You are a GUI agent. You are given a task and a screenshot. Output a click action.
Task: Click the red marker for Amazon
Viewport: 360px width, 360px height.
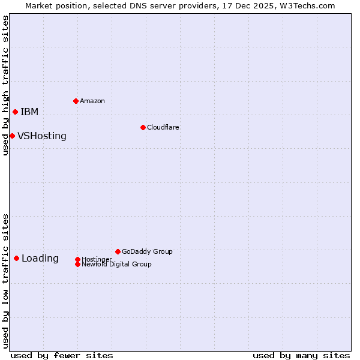[76, 101]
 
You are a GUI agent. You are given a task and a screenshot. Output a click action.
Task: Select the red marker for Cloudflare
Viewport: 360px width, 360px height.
[143, 127]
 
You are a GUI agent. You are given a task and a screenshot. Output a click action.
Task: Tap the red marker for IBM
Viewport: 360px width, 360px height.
[15, 112]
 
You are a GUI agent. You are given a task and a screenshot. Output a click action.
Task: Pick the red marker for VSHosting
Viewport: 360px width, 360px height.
[12, 136]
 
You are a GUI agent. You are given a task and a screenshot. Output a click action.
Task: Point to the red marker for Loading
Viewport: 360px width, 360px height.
[16, 258]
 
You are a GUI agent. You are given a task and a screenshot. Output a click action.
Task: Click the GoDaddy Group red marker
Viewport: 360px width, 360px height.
[118, 251]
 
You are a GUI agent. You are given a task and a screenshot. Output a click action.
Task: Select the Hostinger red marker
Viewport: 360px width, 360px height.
[77, 259]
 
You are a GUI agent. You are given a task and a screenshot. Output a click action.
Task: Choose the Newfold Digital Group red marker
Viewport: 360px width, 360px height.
[77, 264]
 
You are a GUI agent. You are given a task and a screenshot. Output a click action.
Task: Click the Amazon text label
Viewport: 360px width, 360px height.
[92, 101]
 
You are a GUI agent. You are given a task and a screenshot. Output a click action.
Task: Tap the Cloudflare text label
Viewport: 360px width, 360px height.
[163, 127]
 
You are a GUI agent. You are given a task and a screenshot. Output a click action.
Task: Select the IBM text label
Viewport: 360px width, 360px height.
[29, 112]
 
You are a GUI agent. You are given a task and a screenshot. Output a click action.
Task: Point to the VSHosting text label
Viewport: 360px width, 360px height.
[42, 136]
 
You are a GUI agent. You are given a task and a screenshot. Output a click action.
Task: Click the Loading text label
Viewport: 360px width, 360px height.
[40, 259]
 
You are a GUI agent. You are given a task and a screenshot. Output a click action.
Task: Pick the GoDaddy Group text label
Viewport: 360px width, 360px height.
[147, 251]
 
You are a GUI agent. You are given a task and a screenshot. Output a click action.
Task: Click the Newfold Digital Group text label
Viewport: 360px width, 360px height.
[116, 265]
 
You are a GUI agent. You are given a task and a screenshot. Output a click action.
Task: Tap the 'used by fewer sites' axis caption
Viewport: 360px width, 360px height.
[62, 355]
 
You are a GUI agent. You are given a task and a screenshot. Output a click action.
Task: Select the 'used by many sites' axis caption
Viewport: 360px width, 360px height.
[301, 355]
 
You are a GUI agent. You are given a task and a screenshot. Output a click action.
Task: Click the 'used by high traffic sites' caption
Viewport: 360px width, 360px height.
[5, 85]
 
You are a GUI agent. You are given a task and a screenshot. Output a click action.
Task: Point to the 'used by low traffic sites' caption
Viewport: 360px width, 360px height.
[5, 281]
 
